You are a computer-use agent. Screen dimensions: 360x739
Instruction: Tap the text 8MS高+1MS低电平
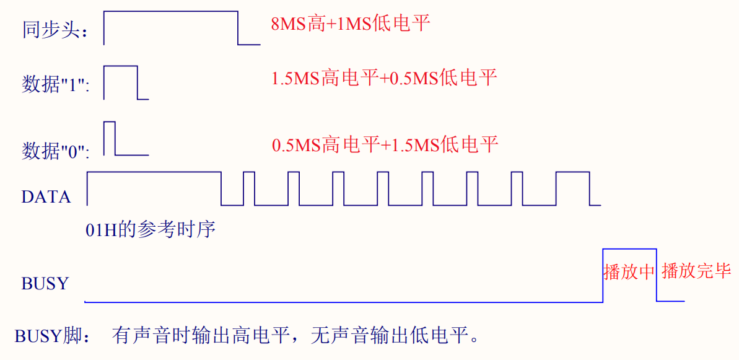tap(350, 24)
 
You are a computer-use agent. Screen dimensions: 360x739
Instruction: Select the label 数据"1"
tap(56, 85)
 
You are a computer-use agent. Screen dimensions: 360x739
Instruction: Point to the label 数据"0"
tap(56, 151)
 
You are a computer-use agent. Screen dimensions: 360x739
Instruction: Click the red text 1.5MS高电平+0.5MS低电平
tap(384, 78)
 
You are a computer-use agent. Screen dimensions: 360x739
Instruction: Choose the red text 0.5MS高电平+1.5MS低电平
tap(385, 145)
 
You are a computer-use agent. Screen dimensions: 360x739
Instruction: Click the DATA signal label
tap(46, 197)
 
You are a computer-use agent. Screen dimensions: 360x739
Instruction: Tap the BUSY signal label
tap(45, 284)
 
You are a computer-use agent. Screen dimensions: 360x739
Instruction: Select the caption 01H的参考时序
tap(151, 230)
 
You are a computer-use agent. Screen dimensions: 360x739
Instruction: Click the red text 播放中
tap(629, 272)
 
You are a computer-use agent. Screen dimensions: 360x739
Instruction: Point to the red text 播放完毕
tap(696, 271)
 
